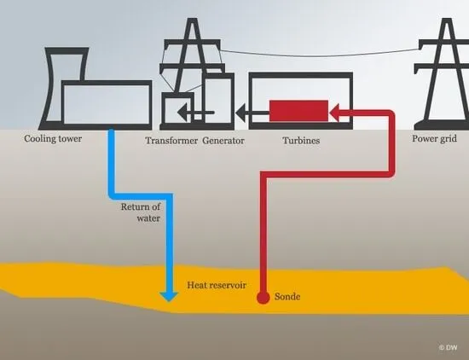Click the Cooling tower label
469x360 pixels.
(x=53, y=139)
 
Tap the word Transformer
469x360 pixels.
(x=171, y=141)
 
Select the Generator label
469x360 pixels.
(x=223, y=141)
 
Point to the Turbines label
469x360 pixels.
(x=301, y=141)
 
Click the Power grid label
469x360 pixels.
(x=434, y=139)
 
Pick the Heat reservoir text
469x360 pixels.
(x=217, y=285)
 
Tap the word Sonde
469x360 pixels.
(x=287, y=297)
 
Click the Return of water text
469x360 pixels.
(x=141, y=212)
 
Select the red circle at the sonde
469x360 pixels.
(x=263, y=298)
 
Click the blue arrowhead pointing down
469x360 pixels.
(x=169, y=297)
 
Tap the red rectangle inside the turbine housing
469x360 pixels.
(x=298, y=111)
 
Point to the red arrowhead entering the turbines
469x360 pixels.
(x=334, y=113)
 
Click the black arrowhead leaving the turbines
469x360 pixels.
(x=240, y=113)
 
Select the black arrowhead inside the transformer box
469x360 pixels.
(x=182, y=113)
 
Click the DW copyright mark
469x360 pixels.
(x=448, y=347)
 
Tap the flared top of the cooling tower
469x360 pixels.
(x=67, y=51)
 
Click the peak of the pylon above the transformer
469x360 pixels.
(x=193, y=19)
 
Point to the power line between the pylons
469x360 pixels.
(x=320, y=55)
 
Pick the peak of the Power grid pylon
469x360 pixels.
(x=447, y=19)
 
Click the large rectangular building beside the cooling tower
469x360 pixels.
(x=107, y=104)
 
